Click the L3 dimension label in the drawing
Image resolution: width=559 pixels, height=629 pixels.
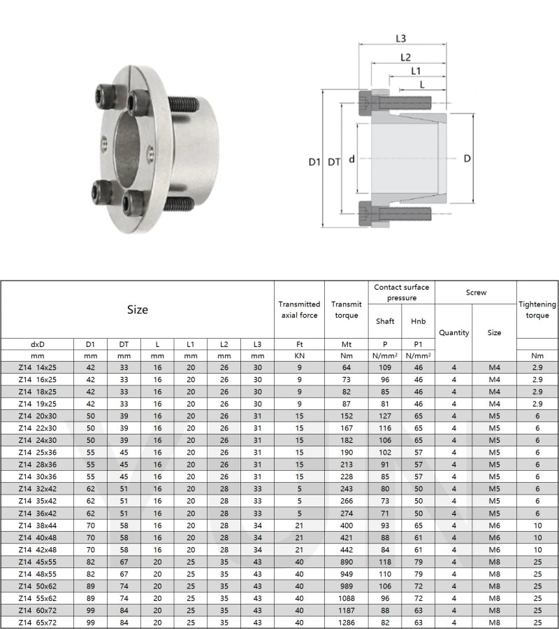point(401,38)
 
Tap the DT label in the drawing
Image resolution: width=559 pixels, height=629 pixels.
point(335,162)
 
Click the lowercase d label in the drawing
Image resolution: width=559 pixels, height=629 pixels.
point(352,160)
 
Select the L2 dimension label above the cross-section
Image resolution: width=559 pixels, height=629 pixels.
point(405,57)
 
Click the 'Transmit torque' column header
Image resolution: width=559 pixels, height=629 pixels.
point(347,309)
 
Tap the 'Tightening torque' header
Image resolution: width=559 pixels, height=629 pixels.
point(537,309)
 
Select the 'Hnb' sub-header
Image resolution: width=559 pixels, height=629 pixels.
point(418,321)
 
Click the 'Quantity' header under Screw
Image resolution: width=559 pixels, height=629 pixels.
point(453,333)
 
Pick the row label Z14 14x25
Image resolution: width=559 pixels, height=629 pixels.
point(38,367)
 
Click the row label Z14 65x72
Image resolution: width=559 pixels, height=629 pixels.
point(38,622)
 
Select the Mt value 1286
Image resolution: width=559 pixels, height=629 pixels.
point(347,622)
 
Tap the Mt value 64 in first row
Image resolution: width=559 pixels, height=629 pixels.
point(347,367)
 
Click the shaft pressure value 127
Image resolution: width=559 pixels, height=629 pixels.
point(385,416)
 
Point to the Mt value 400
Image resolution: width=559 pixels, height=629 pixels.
point(347,525)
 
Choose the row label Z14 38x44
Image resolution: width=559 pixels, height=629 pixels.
point(38,525)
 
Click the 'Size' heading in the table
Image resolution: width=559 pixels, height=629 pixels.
point(138,309)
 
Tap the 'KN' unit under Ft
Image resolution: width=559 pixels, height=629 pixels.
point(299,355)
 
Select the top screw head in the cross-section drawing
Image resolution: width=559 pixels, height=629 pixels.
point(368,103)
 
